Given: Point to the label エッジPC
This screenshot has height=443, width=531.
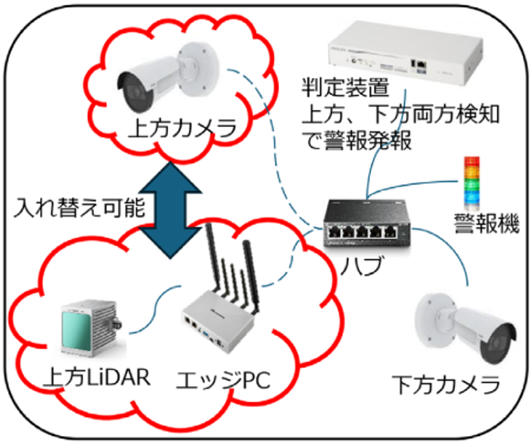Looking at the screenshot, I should click(x=221, y=380).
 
